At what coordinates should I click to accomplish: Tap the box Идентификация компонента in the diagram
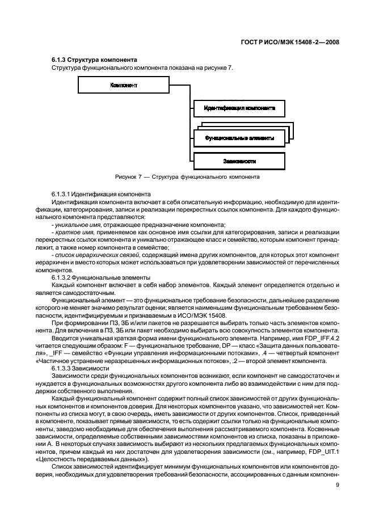tap(239, 107)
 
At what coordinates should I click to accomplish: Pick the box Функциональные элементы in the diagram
tap(239, 138)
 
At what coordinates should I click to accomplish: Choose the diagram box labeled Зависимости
tap(239, 161)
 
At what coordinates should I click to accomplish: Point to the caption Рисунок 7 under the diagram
tap(187, 177)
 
